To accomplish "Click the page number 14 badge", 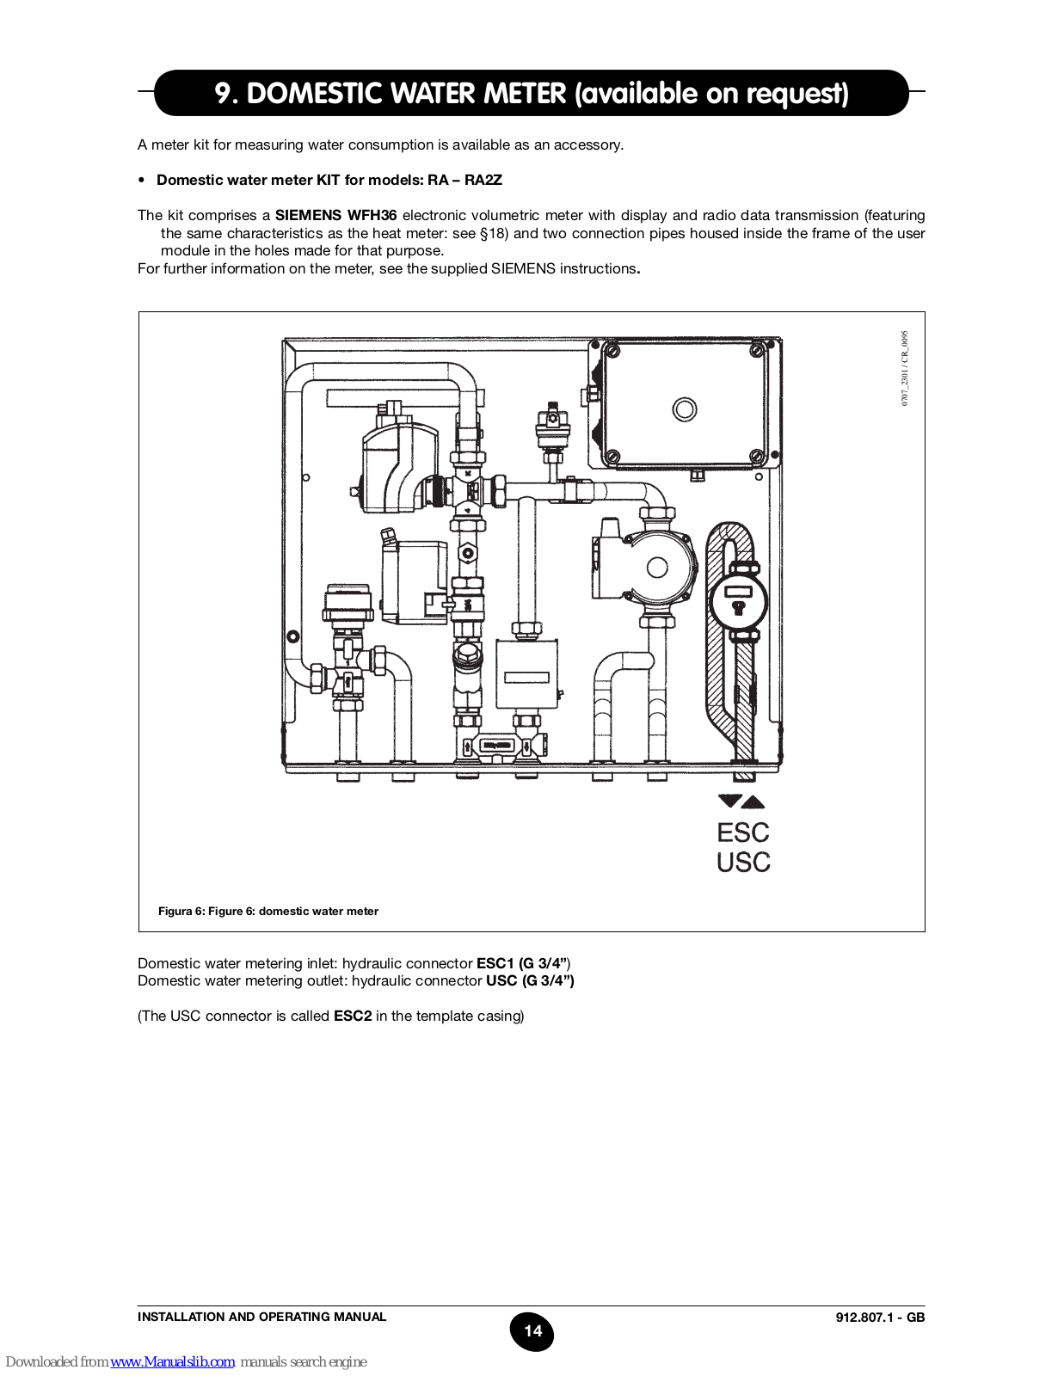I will tap(532, 1331).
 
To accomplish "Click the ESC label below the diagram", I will tap(743, 832).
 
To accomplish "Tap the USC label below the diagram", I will tap(743, 862).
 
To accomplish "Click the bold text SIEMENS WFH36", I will tap(335, 215).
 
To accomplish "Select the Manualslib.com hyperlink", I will tap(172, 1361).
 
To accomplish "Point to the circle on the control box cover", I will tap(685, 408).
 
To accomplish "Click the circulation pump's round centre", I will tap(657, 568).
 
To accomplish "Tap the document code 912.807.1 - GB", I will tap(880, 1318).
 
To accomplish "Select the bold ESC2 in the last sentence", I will tap(353, 1016).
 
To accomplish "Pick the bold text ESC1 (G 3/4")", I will tap(522, 963).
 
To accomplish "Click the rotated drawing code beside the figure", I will tap(905, 368).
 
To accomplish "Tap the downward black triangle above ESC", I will tap(729, 802).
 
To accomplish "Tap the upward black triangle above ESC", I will tap(753, 802).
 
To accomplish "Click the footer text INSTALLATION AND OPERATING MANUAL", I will tap(261, 1317).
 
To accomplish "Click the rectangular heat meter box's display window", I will tap(526, 677).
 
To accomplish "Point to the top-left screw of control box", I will tap(612, 351).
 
